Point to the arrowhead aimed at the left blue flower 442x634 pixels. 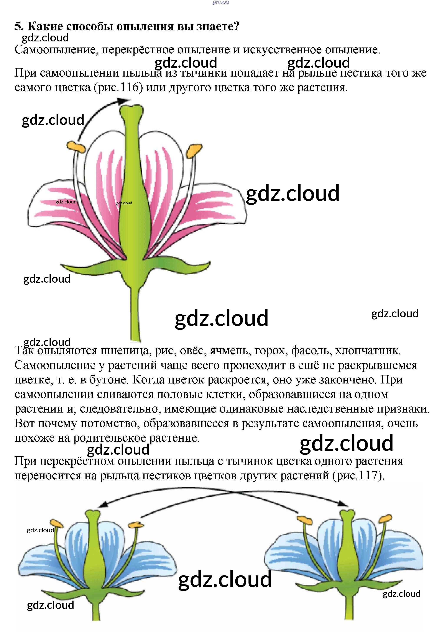pyautogui.click(x=102, y=505)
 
